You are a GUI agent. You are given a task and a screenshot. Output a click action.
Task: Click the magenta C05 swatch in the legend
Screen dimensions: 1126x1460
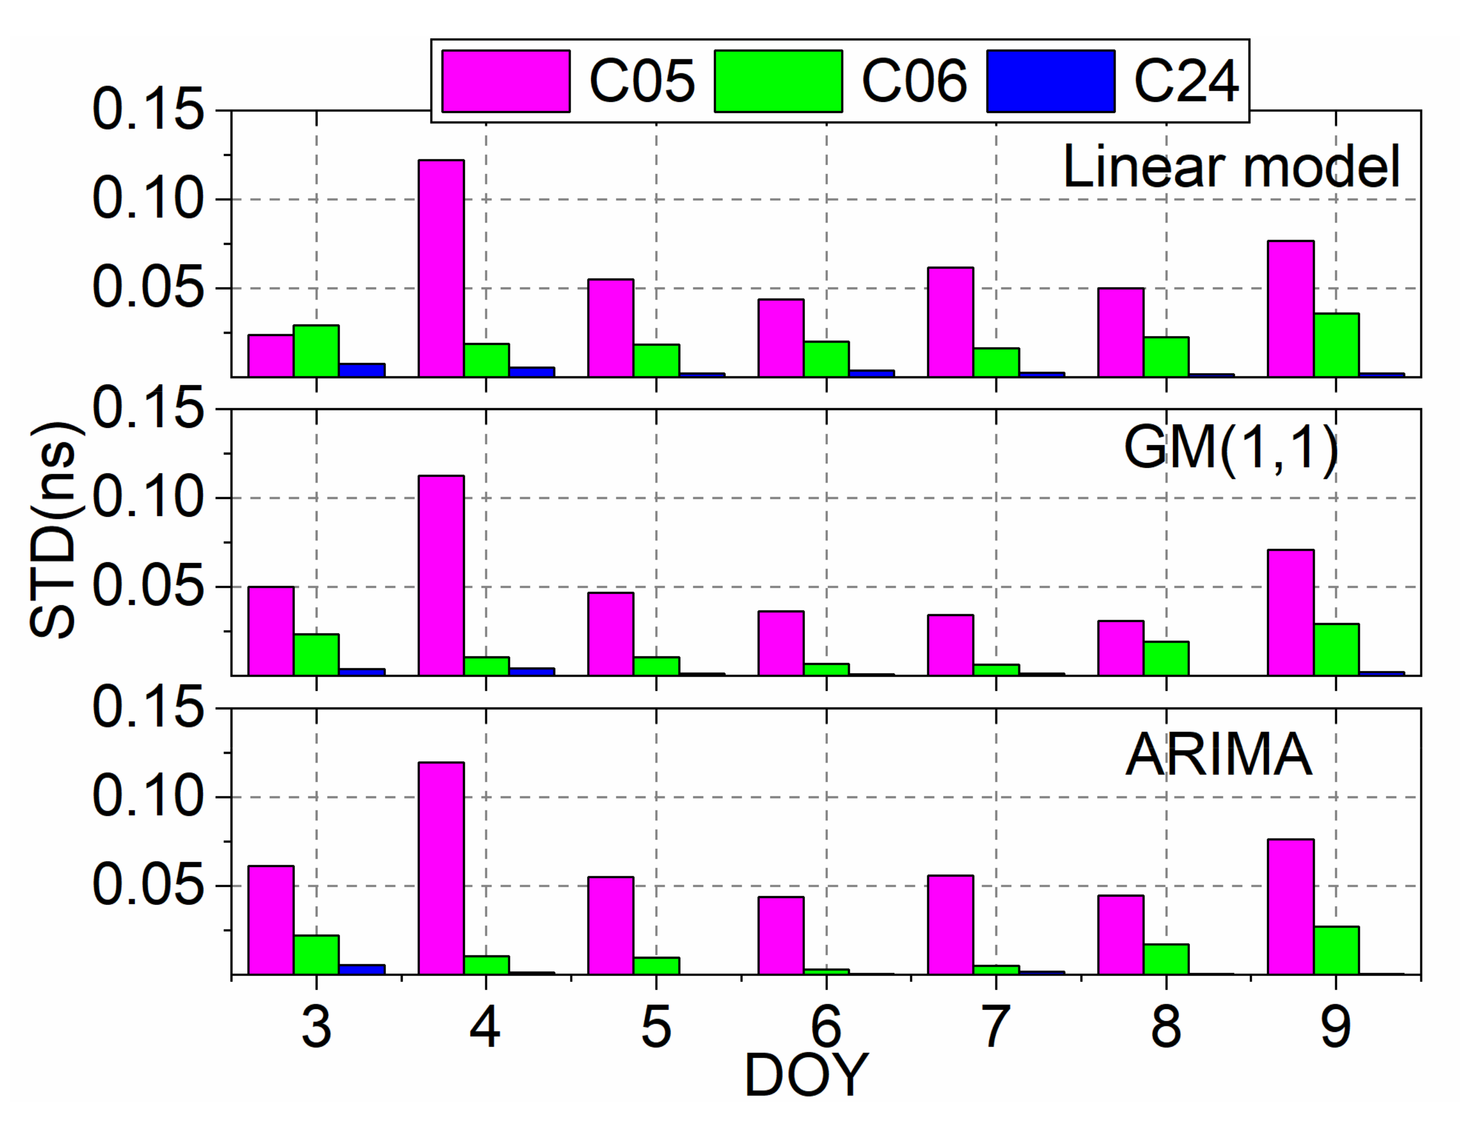click(506, 81)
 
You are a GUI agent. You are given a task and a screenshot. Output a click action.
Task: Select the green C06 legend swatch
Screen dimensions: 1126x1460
click(778, 81)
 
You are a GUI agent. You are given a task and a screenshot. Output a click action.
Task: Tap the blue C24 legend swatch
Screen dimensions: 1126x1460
click(1050, 81)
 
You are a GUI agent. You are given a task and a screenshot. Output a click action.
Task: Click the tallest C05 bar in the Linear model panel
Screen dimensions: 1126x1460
click(441, 268)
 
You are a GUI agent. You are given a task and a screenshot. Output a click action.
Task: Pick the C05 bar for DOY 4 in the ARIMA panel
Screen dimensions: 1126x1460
click(441, 868)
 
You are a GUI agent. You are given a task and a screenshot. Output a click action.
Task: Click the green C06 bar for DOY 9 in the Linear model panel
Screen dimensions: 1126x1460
click(1336, 345)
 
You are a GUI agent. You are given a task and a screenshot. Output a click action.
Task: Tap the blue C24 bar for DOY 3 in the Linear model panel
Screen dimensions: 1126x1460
click(361, 370)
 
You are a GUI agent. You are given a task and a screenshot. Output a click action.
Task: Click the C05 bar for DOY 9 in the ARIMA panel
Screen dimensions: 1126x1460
click(1291, 907)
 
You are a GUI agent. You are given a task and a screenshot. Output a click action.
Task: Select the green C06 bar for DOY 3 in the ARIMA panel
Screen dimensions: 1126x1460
click(316, 954)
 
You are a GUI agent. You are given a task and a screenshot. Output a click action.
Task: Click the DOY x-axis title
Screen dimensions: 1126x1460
click(805, 1075)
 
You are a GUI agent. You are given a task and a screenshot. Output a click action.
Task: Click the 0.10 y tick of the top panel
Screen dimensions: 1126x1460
click(147, 199)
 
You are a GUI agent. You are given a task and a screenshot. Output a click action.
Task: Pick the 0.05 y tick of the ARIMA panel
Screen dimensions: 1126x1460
click(147, 885)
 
